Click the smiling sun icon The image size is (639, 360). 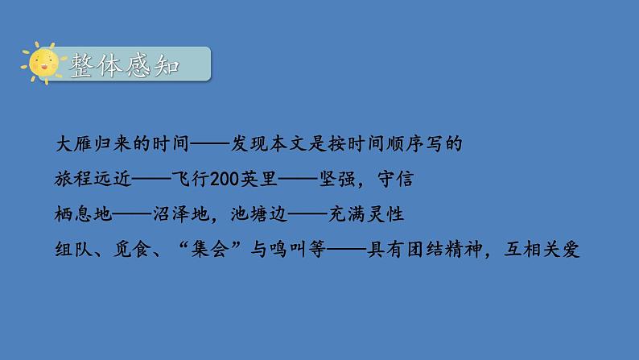tap(40, 63)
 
